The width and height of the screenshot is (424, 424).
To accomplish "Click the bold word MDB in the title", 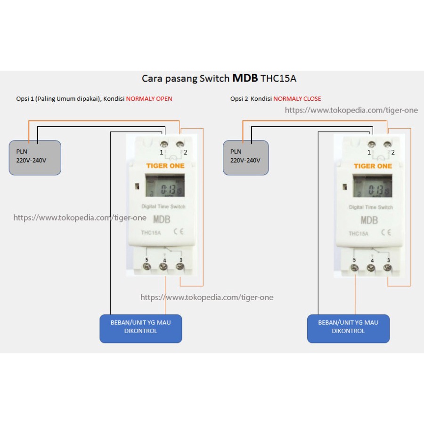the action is pos(245,78).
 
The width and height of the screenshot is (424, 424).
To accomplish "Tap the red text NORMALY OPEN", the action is pos(149,99).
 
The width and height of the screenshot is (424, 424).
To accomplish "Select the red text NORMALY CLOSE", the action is pos(297,99).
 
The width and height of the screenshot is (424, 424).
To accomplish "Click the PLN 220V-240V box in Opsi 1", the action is pos(35,158).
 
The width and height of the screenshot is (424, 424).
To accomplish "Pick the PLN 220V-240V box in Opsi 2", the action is pos(246,158).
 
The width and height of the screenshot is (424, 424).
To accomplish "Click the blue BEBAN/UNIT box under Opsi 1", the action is pos(140,328).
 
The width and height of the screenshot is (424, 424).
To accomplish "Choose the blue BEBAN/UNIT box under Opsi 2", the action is pos(348,328).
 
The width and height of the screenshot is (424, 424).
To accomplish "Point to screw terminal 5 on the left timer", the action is pos(147,267).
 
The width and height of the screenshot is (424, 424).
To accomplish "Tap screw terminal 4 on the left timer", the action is pos(163,267).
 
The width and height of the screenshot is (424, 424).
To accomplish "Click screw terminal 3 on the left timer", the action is pos(180,267).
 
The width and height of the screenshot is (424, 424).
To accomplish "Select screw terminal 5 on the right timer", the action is pos(354,268).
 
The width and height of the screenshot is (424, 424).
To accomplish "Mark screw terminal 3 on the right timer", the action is pos(388,268).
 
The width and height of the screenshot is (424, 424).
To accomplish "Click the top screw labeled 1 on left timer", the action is pos(164,144).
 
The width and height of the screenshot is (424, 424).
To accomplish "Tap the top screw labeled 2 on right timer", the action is pos(387,145).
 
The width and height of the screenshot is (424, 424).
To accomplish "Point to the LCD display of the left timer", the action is pos(165,185).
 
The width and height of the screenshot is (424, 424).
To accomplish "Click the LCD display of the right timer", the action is pos(372,186).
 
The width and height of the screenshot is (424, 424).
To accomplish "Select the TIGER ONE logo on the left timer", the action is pos(165,166).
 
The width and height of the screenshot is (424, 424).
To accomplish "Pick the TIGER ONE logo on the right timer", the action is pos(373,166).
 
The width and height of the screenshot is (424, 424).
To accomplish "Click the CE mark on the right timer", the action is pos(386,232).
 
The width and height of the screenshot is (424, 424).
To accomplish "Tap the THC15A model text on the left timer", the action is pos(151,233).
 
